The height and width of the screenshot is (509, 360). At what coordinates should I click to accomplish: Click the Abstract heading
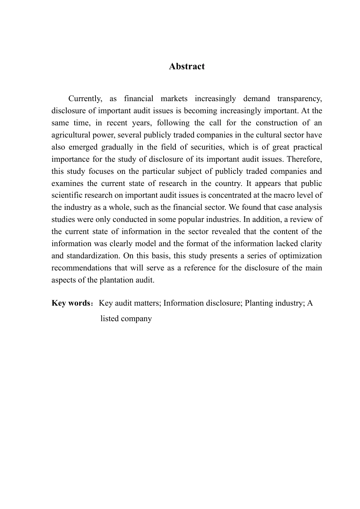pyautogui.click(x=187, y=67)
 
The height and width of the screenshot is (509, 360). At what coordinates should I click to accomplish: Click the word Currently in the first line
pyautogui.click(x=85, y=99)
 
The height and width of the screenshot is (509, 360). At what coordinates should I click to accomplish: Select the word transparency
pyautogui.click(x=299, y=99)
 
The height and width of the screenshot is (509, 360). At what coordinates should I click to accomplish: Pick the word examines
pyautogui.click(x=67, y=184)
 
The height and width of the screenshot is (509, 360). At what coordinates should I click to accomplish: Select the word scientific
pyautogui.click(x=67, y=196)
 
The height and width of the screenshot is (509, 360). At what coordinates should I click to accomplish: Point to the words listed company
pyautogui.click(x=126, y=319)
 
